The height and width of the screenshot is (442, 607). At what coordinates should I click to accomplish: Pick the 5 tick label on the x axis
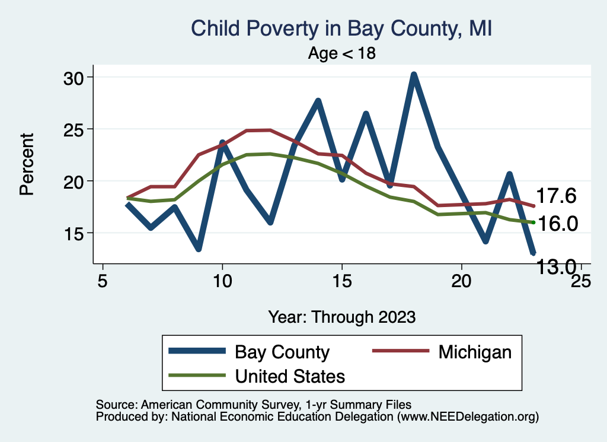click(x=103, y=280)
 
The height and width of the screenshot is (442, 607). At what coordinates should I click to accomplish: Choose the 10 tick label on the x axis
click(x=222, y=280)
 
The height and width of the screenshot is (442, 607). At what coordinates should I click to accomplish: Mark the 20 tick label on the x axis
click(x=461, y=280)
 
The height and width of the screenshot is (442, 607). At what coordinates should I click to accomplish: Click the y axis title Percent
click(x=26, y=164)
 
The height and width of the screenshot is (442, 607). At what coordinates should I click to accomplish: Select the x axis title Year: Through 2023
click(x=341, y=316)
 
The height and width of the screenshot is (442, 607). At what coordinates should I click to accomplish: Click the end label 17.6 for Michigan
click(x=556, y=196)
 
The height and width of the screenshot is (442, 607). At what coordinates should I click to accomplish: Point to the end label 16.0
click(x=556, y=224)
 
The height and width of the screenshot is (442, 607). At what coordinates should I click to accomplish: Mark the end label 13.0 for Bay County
click(x=556, y=267)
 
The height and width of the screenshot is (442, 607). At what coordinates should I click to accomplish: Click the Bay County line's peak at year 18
click(x=414, y=75)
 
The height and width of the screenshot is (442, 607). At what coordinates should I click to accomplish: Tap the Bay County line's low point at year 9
click(x=199, y=249)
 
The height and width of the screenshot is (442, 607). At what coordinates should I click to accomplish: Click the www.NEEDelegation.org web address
click(x=468, y=416)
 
